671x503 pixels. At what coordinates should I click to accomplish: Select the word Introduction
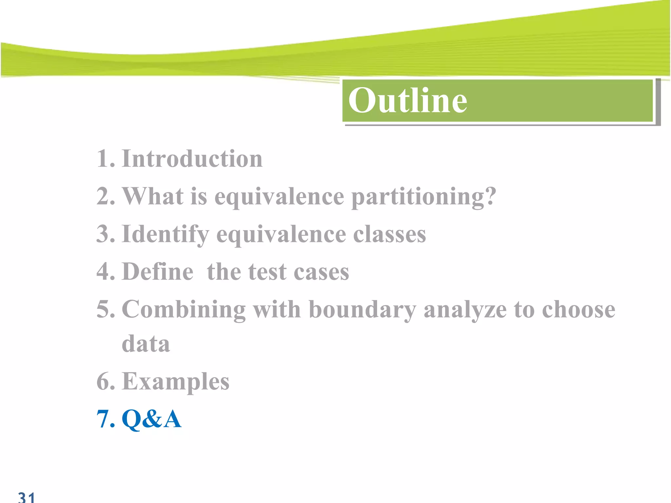click(x=192, y=158)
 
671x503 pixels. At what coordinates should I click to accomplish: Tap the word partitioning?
click(x=424, y=197)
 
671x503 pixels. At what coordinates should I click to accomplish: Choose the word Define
click(x=158, y=272)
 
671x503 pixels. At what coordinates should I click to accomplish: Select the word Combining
click(x=183, y=309)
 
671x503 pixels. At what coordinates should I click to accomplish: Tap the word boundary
click(x=362, y=309)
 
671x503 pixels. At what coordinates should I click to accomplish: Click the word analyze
click(x=465, y=309)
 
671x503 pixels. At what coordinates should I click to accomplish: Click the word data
click(x=146, y=344)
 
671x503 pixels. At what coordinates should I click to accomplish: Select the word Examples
click(x=175, y=382)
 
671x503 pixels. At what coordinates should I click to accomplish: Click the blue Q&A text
click(x=151, y=419)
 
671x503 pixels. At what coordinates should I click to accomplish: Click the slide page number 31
click(x=26, y=497)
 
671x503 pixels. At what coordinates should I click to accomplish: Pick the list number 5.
click(x=105, y=309)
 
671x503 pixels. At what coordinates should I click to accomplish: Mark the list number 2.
click(x=105, y=197)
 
